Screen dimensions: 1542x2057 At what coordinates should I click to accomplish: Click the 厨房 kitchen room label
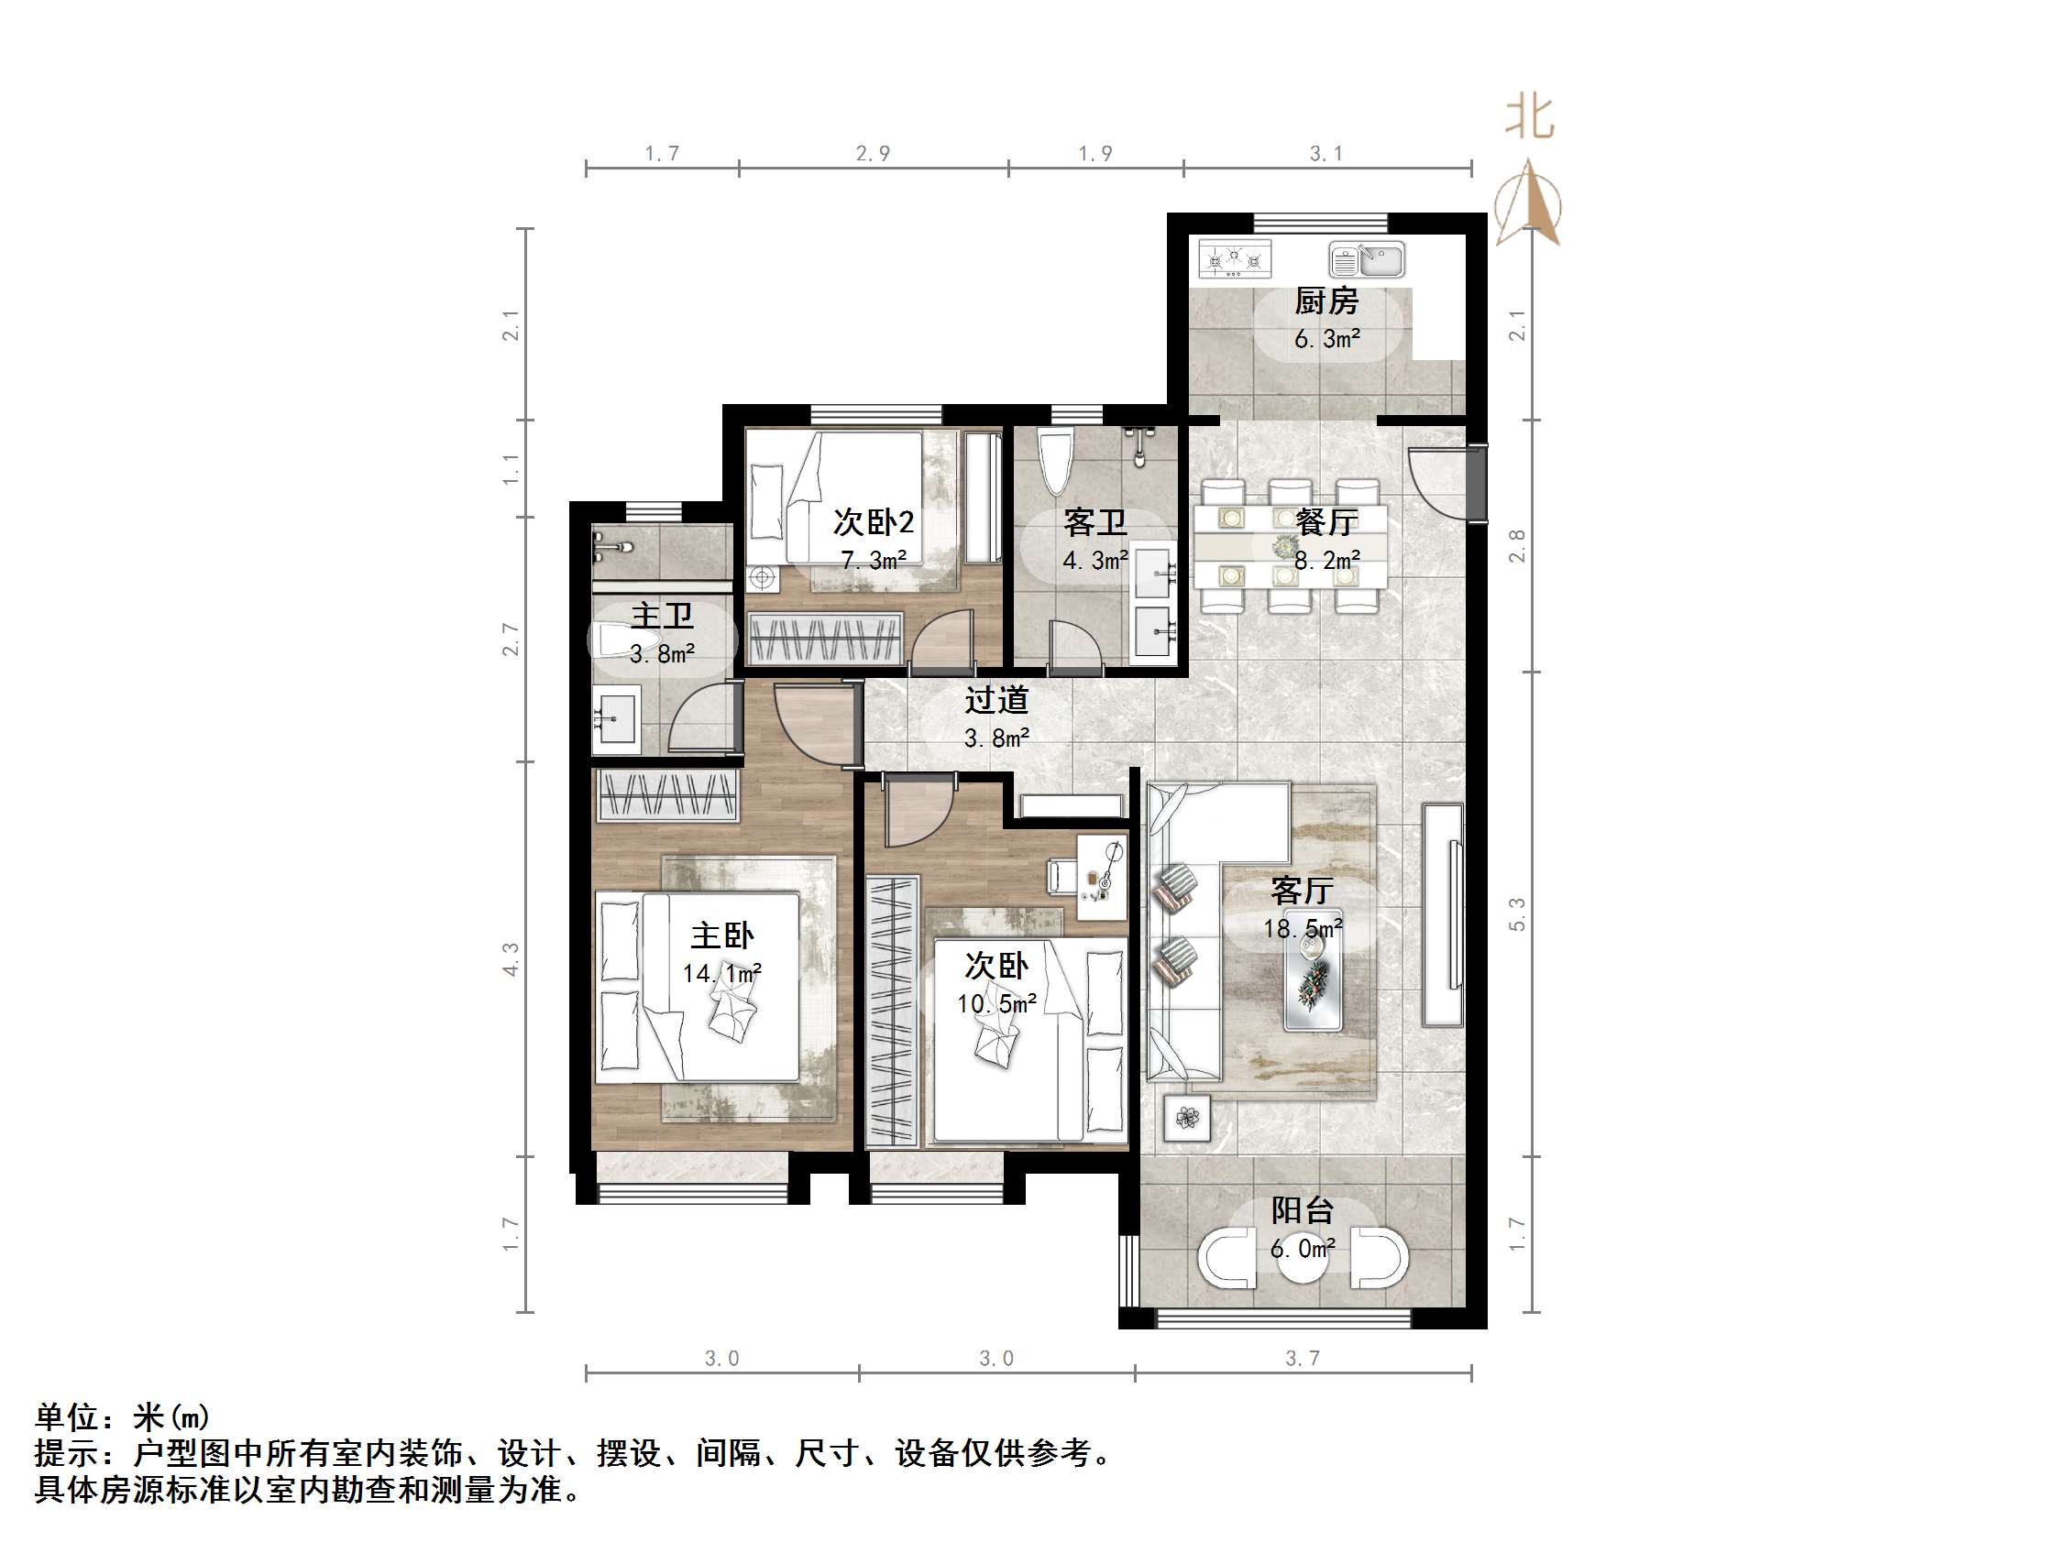(1326, 301)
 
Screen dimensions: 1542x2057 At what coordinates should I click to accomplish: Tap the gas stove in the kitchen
(1234, 258)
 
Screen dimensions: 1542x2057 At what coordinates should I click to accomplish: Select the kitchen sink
(1366, 259)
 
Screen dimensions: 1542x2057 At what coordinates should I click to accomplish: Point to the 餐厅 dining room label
(1326, 522)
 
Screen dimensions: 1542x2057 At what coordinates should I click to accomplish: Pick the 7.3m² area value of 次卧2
(874, 561)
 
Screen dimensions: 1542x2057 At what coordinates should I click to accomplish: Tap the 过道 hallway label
(995, 700)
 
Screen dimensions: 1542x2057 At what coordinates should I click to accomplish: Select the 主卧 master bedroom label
(721, 935)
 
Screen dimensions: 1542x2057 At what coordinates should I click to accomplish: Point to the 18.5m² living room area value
(1302, 927)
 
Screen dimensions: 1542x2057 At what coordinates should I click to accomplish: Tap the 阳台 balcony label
(1302, 1210)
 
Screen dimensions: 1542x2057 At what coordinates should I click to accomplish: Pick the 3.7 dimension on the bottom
(1302, 1359)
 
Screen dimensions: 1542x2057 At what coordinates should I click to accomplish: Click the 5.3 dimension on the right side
(1517, 913)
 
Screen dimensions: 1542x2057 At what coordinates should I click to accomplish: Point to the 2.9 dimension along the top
(874, 153)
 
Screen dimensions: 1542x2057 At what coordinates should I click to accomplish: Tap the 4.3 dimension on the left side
(511, 958)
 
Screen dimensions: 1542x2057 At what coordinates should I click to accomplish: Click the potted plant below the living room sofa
(1187, 1118)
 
